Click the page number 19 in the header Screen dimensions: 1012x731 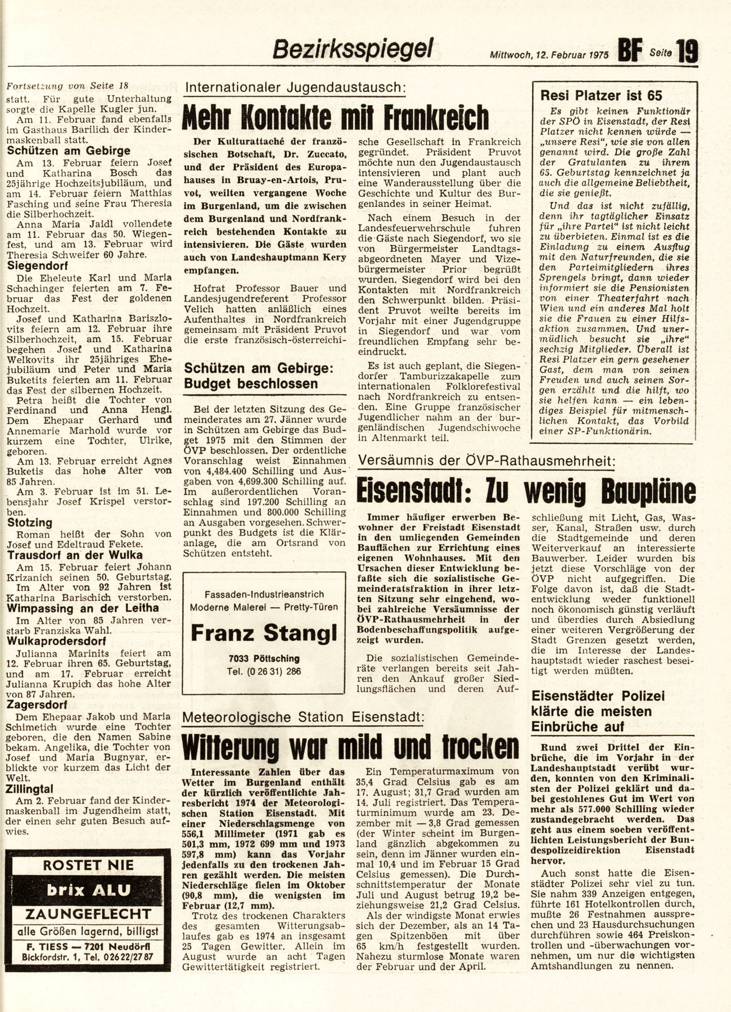[x=688, y=53]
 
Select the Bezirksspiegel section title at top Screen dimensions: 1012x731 [x=352, y=49]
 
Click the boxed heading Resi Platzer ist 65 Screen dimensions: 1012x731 [x=601, y=96]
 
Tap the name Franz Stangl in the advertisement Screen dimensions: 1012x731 [x=264, y=633]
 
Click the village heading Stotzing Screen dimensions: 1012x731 [x=30, y=522]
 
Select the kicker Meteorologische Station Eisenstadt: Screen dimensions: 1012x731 [x=304, y=717]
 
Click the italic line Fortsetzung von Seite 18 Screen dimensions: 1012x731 [x=67, y=86]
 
